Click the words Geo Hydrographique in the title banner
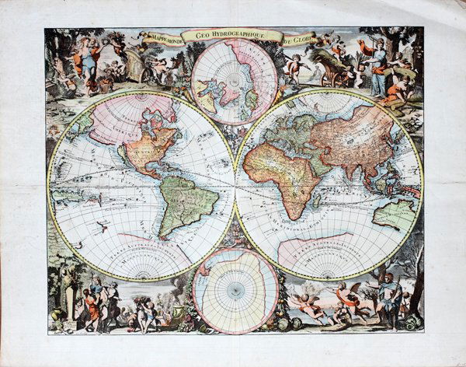pos(232,34)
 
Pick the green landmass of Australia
pos(395,215)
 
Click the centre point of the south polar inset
pos(235,289)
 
